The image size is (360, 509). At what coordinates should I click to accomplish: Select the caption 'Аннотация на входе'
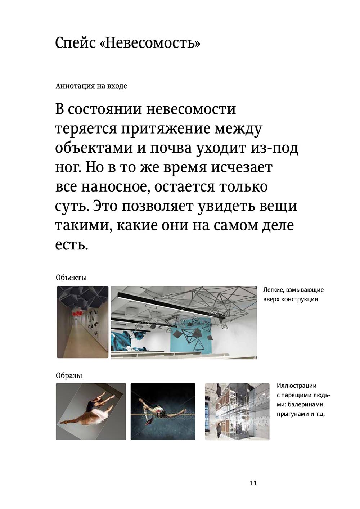(91, 86)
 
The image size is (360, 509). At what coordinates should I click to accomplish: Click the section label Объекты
(71, 278)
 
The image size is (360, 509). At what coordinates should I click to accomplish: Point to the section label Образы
(69, 375)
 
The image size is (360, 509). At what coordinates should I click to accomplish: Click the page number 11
(253, 483)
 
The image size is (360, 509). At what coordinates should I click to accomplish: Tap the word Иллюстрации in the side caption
(297, 386)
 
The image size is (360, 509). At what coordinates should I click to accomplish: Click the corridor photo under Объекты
(82, 322)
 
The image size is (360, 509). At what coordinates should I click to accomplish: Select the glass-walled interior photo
(237, 411)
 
